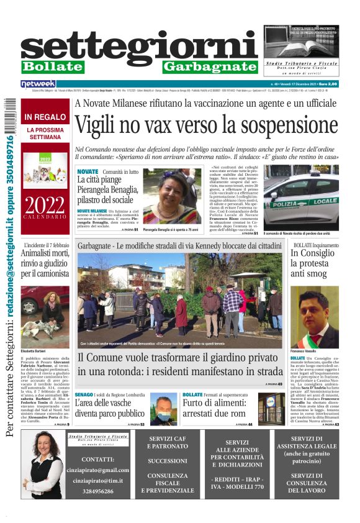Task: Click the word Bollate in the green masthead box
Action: point(52,66)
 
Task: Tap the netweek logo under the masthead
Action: point(38,84)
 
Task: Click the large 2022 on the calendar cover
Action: point(45,205)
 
